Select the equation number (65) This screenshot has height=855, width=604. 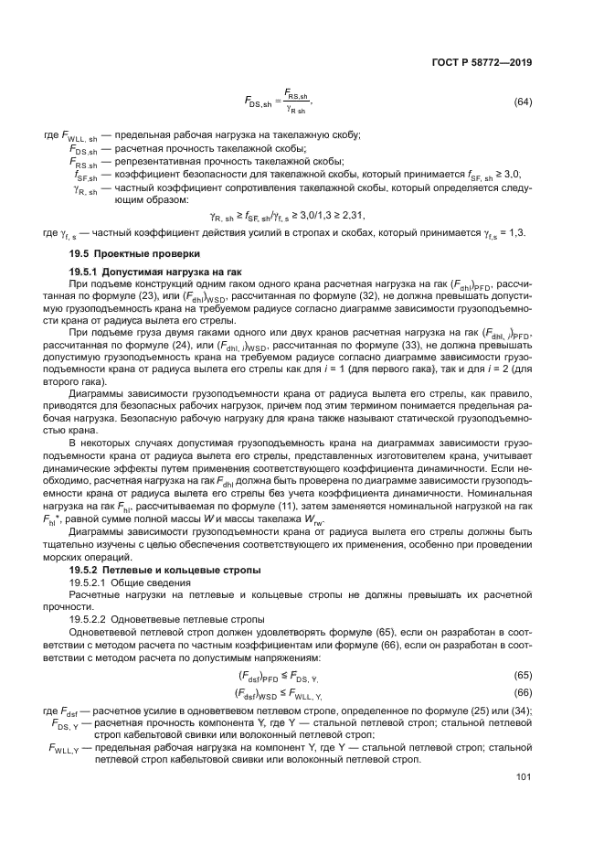click(x=523, y=674)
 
